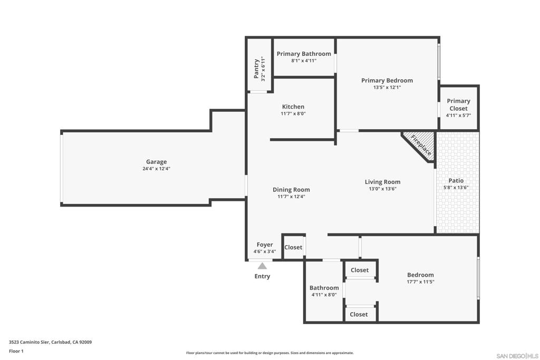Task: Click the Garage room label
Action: coord(156,162)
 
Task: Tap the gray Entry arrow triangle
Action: coord(263,266)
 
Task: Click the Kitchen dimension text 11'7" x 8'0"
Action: coord(293,113)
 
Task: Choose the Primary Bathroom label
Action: coord(304,54)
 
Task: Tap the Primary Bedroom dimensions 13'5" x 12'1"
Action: coord(387,87)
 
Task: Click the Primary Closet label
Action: coord(458,105)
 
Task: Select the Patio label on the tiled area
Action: coord(456,181)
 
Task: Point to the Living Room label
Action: coord(383,182)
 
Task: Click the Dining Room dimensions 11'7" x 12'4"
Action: coord(291,197)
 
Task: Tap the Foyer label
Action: coord(265,245)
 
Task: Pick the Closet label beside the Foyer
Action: coord(293,247)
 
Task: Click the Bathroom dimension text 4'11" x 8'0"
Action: coord(324,295)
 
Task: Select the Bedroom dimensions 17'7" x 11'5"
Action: coord(420,281)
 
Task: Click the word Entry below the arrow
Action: coord(263,276)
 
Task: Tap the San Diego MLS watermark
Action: coord(517,356)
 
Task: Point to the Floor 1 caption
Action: coord(16,351)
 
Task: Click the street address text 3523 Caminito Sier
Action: coord(30,342)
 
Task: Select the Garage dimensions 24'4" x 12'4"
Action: coord(156,169)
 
